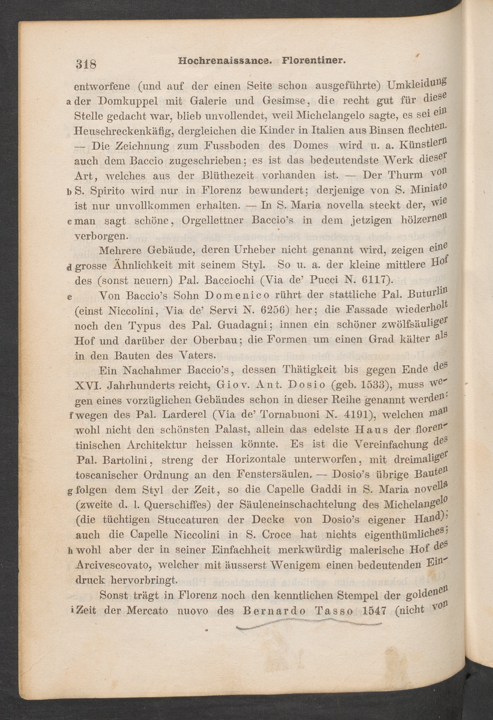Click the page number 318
click(x=85, y=64)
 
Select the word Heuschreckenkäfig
click(x=125, y=131)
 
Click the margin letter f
click(x=71, y=416)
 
